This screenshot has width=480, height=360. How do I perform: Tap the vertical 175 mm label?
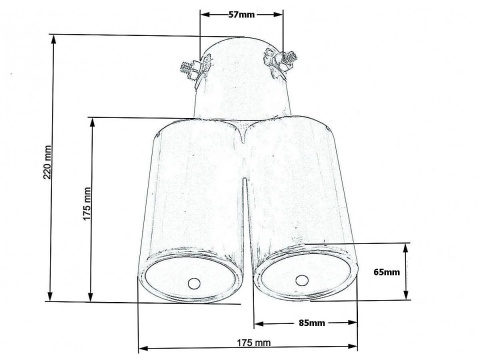click(x=88, y=210)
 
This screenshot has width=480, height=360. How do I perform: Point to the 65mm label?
click(x=385, y=271)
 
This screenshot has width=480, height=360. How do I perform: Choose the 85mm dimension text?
click(x=311, y=323)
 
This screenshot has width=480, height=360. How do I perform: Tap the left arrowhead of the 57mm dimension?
click(x=203, y=16)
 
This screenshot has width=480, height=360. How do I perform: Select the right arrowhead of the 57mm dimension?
click(x=281, y=16)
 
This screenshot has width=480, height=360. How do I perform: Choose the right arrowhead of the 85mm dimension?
click(x=355, y=323)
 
